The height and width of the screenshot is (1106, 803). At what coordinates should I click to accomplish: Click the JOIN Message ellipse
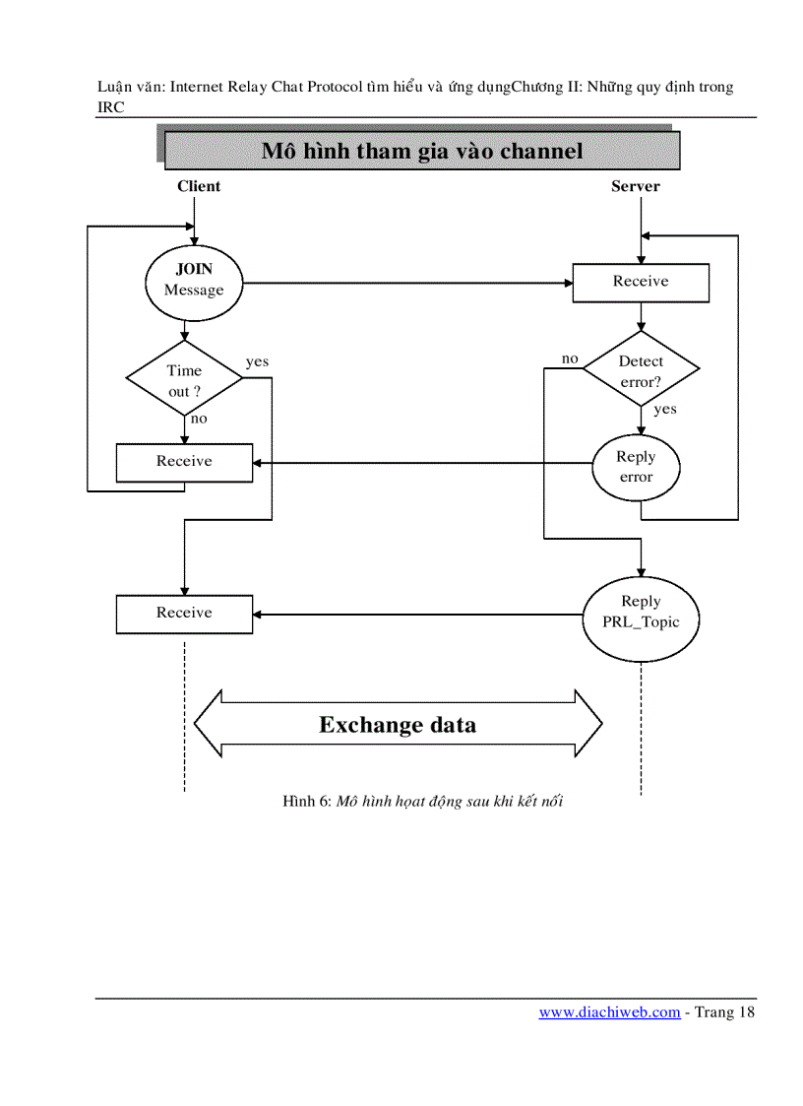click(x=193, y=281)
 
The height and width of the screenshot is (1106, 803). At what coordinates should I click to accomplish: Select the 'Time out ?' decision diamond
click(x=184, y=379)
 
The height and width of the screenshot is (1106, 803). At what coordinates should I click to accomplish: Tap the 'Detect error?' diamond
click(x=641, y=370)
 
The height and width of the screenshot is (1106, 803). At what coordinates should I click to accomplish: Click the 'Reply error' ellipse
click(x=636, y=466)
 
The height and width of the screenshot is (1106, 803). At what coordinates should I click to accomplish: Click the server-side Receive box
click(x=641, y=282)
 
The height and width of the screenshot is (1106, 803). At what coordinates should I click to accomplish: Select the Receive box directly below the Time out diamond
click(x=184, y=462)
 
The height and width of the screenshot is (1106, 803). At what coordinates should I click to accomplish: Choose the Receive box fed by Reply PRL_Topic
click(x=184, y=614)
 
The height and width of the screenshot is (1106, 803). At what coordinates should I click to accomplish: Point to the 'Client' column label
click(x=199, y=186)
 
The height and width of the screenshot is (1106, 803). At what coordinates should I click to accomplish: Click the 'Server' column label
click(x=636, y=186)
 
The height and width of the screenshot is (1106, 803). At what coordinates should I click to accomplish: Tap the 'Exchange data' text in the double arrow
click(x=398, y=726)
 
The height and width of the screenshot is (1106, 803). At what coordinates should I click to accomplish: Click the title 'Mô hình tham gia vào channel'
click(x=422, y=151)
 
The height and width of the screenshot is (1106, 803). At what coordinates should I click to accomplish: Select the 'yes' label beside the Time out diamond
click(x=257, y=361)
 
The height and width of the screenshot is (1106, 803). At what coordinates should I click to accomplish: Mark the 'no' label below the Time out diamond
click(x=199, y=419)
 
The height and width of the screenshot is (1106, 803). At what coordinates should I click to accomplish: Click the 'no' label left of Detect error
click(x=570, y=358)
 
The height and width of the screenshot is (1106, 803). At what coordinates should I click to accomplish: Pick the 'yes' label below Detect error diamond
click(x=665, y=409)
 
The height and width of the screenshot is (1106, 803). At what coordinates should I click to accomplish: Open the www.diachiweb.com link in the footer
click(x=609, y=1012)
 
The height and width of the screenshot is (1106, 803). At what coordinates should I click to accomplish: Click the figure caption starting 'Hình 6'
click(x=422, y=802)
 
